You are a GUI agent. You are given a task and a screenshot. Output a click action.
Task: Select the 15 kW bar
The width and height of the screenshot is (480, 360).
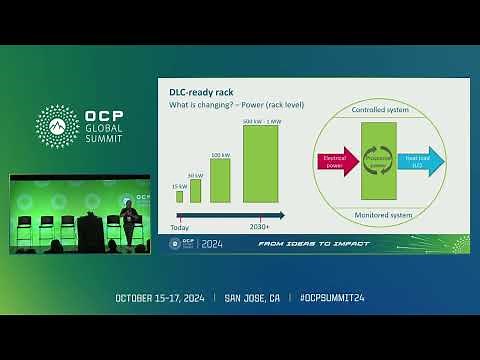(180, 197)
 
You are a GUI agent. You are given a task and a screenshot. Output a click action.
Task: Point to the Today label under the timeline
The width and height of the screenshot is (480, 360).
(179, 227)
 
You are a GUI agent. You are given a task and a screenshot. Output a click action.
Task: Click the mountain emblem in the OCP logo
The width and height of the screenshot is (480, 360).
(58, 125)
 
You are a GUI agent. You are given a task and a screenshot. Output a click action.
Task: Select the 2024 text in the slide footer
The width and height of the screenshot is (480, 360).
(212, 243)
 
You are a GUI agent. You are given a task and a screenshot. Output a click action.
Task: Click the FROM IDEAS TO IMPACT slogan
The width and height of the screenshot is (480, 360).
(313, 243)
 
